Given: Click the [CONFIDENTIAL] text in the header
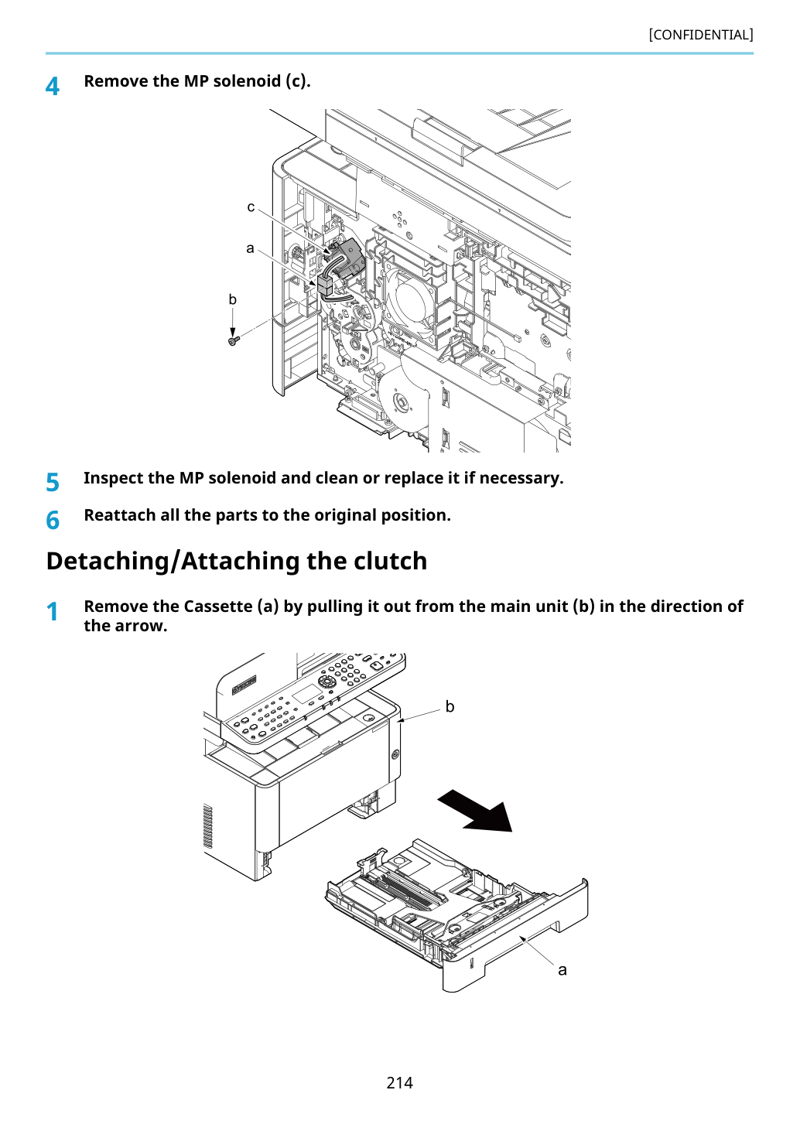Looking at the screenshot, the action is (700, 35).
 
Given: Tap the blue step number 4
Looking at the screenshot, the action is (53, 86).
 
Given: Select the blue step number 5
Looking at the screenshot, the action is (53, 482).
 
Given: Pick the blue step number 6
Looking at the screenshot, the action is (53, 520).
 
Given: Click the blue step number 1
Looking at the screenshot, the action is (53, 611).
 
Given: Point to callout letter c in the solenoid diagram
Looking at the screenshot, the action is (251, 207).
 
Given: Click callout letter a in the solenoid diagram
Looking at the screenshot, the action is (250, 248).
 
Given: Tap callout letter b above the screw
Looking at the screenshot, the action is (232, 299).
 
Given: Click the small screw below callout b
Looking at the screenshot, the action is (233, 342).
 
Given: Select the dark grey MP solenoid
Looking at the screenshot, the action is (348, 259).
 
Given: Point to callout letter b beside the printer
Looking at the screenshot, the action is (450, 706).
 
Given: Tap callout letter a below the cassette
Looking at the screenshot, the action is (562, 970).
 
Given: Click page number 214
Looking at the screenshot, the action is (399, 1082).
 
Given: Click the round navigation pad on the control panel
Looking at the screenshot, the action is (326, 682).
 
